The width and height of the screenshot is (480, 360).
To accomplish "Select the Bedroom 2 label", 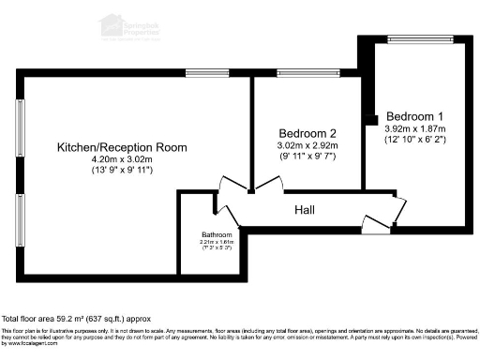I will point(306,134).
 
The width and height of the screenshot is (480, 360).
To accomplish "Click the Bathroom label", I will point(217,234).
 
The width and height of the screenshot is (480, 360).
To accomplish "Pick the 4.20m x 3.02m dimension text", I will point(122,159).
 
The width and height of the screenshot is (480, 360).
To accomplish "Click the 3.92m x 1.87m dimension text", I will point(413,128).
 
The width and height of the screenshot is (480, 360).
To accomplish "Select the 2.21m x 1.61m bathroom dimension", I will point(217,242).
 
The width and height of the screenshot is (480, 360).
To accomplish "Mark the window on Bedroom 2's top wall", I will point(300,73).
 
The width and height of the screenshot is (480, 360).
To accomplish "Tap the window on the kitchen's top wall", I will point(202,73).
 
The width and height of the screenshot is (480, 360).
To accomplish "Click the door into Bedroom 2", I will point(269,186).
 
